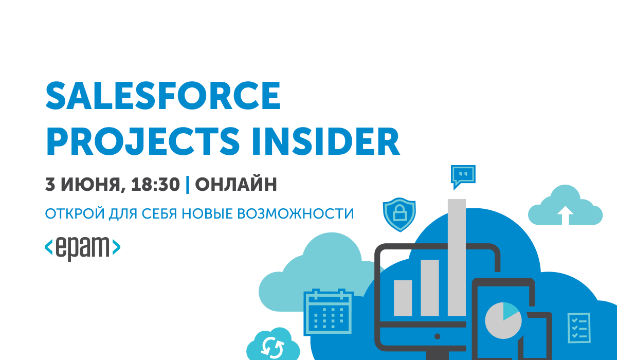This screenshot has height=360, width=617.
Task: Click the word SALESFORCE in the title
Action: tap(163, 96)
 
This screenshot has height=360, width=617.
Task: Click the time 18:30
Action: tap(155, 184)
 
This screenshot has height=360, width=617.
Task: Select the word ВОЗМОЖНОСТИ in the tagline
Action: tap(295, 214)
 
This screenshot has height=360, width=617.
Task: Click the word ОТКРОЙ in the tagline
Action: tap(75, 213)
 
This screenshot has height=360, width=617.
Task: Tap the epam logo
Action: tap(82, 248)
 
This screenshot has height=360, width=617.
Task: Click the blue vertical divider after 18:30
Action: tap(188, 184)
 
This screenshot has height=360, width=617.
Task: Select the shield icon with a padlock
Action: tap(400, 214)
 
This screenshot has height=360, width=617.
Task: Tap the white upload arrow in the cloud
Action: tap(565, 215)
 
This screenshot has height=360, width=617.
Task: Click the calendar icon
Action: tap(329, 312)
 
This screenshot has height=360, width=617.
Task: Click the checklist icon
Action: tap(579, 328)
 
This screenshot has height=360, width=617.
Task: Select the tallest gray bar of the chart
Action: tap(457, 258)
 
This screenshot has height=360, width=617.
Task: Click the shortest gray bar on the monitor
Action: tap(403, 298)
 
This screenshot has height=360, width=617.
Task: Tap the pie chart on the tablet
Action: tap(503, 320)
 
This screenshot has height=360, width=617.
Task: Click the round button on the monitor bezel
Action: tap(437, 336)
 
